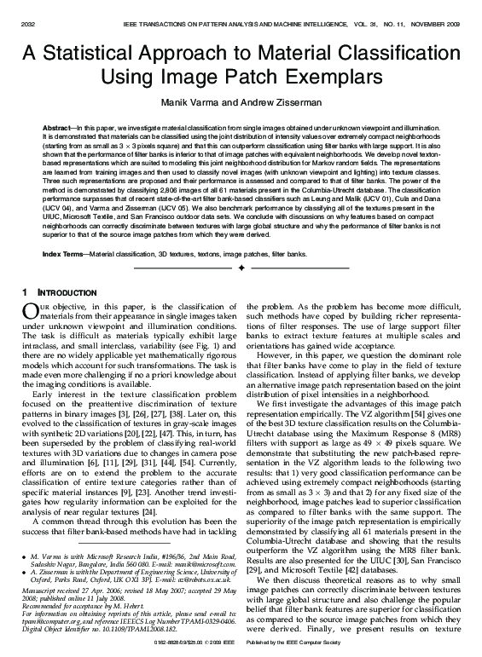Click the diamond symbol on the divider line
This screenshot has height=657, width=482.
241,268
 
